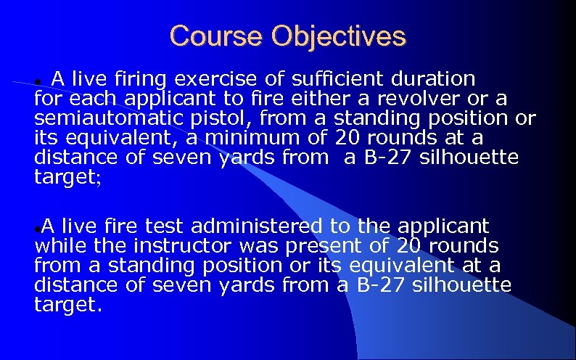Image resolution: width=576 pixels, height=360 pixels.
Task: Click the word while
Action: point(57,247)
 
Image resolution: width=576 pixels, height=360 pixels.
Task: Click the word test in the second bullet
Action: point(163,227)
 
